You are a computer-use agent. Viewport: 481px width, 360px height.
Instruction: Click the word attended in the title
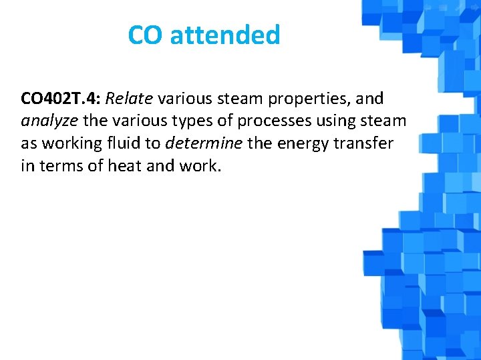pos(225,35)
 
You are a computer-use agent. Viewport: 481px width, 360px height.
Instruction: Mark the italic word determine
pos(204,143)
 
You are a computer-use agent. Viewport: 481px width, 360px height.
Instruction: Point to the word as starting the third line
pos(29,144)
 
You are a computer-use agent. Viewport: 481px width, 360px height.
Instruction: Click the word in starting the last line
pos(27,166)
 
